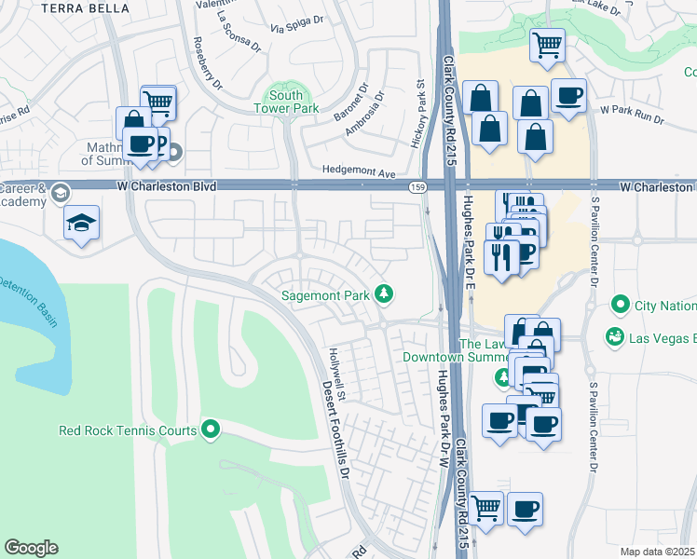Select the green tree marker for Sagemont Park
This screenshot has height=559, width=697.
pos(383,295)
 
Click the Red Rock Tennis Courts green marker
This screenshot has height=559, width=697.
pos(211,429)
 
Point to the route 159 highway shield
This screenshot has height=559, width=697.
pos(418,187)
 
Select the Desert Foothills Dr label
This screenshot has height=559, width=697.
pos(336,429)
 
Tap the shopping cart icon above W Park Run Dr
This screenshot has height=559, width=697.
pos(548,44)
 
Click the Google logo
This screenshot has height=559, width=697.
pos(31,548)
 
